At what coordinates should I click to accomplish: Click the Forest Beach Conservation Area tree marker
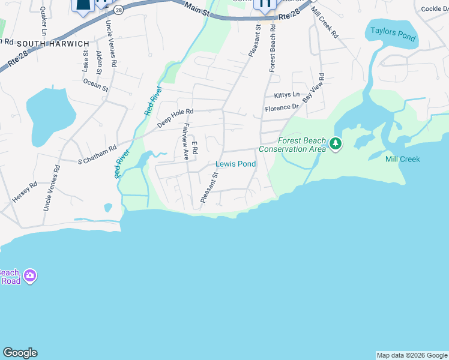point(336,144)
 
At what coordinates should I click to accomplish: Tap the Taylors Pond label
point(393,34)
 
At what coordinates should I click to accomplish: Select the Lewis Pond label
point(235,164)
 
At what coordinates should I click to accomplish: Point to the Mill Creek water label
point(402,159)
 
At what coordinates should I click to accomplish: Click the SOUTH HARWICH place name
point(53,44)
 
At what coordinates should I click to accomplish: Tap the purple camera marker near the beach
point(29,276)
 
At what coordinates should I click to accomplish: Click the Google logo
point(20,353)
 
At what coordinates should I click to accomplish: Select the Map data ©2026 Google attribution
point(412,355)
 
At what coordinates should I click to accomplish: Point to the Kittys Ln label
point(286,95)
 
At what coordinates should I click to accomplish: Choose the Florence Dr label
point(282,108)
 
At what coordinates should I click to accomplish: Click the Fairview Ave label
point(186,141)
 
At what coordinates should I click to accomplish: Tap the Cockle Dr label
point(436,8)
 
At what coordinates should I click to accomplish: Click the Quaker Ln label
point(43,22)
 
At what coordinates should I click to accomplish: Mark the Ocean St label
point(96,84)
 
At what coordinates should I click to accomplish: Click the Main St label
point(197,9)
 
